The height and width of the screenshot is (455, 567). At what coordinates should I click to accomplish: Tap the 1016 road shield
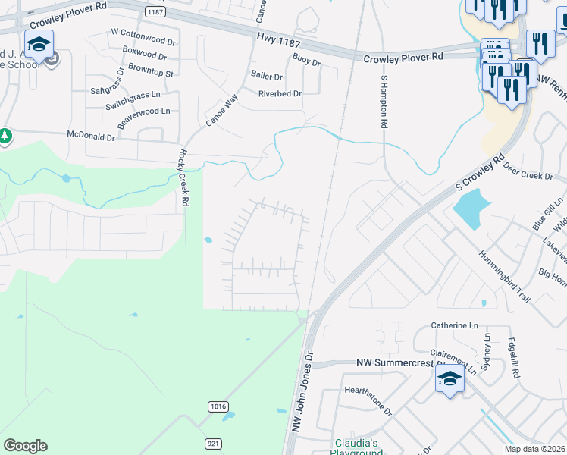pyautogui.click(x=218, y=407)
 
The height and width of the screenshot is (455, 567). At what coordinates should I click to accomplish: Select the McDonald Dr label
pyautogui.click(x=91, y=137)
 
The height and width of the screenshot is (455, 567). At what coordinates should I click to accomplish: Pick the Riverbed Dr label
pyautogui.click(x=280, y=94)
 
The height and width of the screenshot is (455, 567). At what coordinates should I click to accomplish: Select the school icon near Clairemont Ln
pyautogui.click(x=450, y=378)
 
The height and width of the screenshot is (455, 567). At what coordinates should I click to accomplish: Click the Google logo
pyautogui.click(x=25, y=446)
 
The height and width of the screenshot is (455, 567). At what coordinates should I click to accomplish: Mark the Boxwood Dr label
pyautogui.click(x=145, y=55)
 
